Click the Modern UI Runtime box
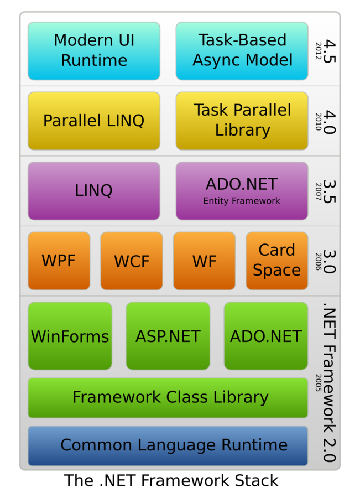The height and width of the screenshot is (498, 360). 94,50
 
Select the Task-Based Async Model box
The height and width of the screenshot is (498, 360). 242,50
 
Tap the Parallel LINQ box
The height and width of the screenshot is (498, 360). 94,121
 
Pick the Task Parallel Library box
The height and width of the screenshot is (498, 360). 242,121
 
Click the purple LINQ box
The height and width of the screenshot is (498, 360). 94,191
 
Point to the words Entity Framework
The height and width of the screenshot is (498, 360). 242,201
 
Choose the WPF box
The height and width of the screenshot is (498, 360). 59,261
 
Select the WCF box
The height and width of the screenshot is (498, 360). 132,261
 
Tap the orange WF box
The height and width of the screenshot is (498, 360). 204,261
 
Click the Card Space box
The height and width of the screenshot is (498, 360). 276,261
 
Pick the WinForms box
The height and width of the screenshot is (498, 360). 70,336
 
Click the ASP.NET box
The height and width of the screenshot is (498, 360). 168,336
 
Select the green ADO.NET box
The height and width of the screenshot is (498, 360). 266,336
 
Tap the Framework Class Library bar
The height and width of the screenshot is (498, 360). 168,397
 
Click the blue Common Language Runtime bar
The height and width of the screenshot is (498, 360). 168,445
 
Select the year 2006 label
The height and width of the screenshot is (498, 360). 319,261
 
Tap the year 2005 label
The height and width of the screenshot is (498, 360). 319,382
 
